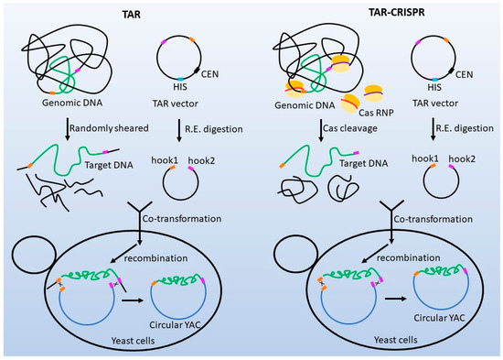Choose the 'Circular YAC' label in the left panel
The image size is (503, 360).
[177, 322]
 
